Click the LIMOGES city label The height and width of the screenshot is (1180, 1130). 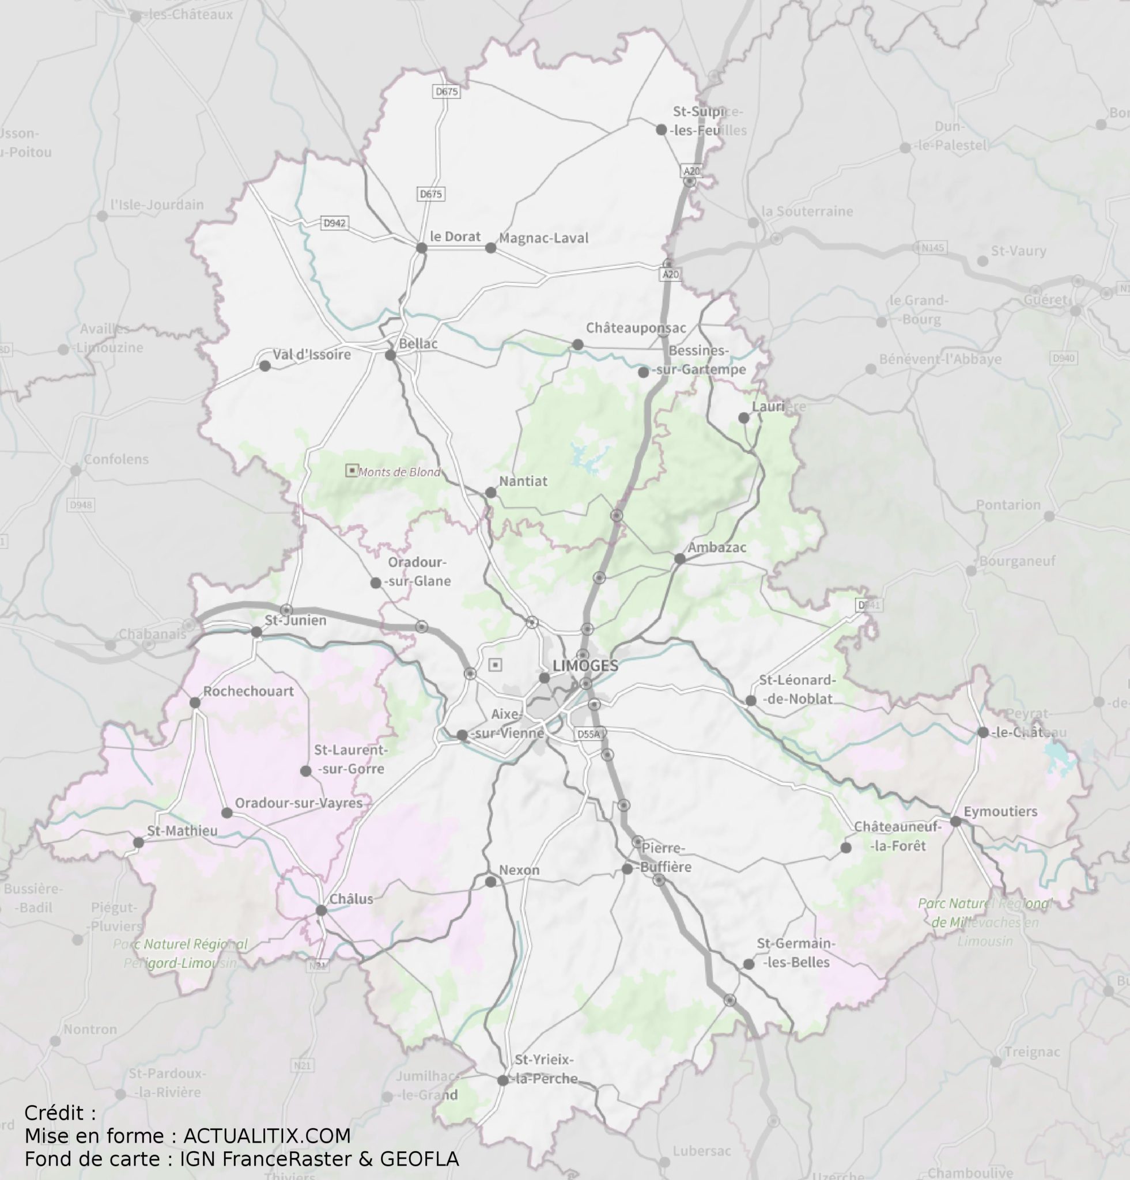click(x=585, y=665)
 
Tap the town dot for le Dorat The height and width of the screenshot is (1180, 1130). click(x=421, y=247)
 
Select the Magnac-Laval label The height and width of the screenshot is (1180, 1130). click(x=543, y=239)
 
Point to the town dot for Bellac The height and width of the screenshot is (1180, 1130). click(x=390, y=355)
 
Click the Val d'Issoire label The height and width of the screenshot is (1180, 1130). click(x=311, y=354)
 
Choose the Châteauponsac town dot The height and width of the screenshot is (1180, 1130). click(x=577, y=345)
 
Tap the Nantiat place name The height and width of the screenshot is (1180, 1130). click(x=523, y=481)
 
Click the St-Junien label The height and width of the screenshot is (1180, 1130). click(x=296, y=620)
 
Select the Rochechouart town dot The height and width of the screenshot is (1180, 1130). click(x=194, y=702)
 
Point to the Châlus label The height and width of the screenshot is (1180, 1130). click(x=352, y=899)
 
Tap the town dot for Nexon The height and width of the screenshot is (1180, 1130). click(x=490, y=882)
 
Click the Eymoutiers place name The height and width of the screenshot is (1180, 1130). click(x=1000, y=812)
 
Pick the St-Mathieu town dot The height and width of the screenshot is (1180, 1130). click(x=138, y=843)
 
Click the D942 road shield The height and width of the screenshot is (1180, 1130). click(x=335, y=224)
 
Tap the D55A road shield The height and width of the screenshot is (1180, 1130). click(x=588, y=735)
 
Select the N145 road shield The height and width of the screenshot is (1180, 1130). click(x=934, y=247)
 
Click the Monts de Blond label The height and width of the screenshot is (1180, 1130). click(x=399, y=472)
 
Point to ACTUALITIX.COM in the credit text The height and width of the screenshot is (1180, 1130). click(x=267, y=1136)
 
